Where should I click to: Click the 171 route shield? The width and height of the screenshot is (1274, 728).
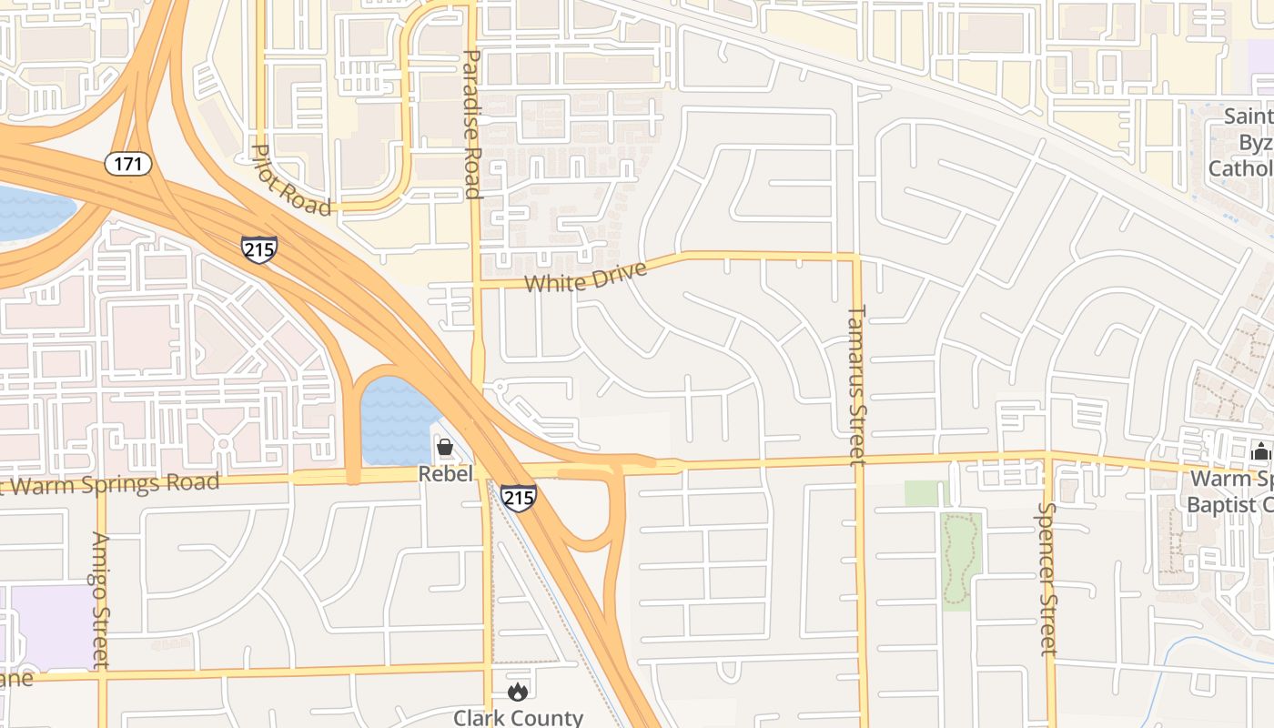click(x=128, y=165)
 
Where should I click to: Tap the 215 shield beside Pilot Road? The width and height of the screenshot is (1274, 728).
click(x=259, y=249)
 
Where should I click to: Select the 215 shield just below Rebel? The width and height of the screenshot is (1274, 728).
click(x=518, y=498)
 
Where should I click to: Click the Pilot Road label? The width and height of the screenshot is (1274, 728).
click(x=291, y=181)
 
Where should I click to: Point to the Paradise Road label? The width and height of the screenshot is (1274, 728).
click(x=472, y=124)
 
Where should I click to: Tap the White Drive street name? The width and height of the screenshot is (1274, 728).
click(x=585, y=277)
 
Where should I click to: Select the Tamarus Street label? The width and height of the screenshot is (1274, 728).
click(x=857, y=385)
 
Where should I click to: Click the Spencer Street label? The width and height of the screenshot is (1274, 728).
click(x=1047, y=579)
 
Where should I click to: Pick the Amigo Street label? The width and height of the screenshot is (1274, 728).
click(x=100, y=600)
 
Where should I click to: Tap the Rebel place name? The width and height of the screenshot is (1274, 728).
click(x=445, y=474)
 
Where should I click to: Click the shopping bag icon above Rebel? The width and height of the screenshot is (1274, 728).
click(x=445, y=447)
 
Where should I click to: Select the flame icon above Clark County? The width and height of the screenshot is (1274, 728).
click(x=518, y=693)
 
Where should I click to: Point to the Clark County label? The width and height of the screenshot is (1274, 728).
click(x=518, y=717)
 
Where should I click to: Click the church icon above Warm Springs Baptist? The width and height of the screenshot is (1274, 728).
click(x=1260, y=451)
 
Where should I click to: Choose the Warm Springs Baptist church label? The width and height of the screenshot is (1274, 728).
click(x=1230, y=491)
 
